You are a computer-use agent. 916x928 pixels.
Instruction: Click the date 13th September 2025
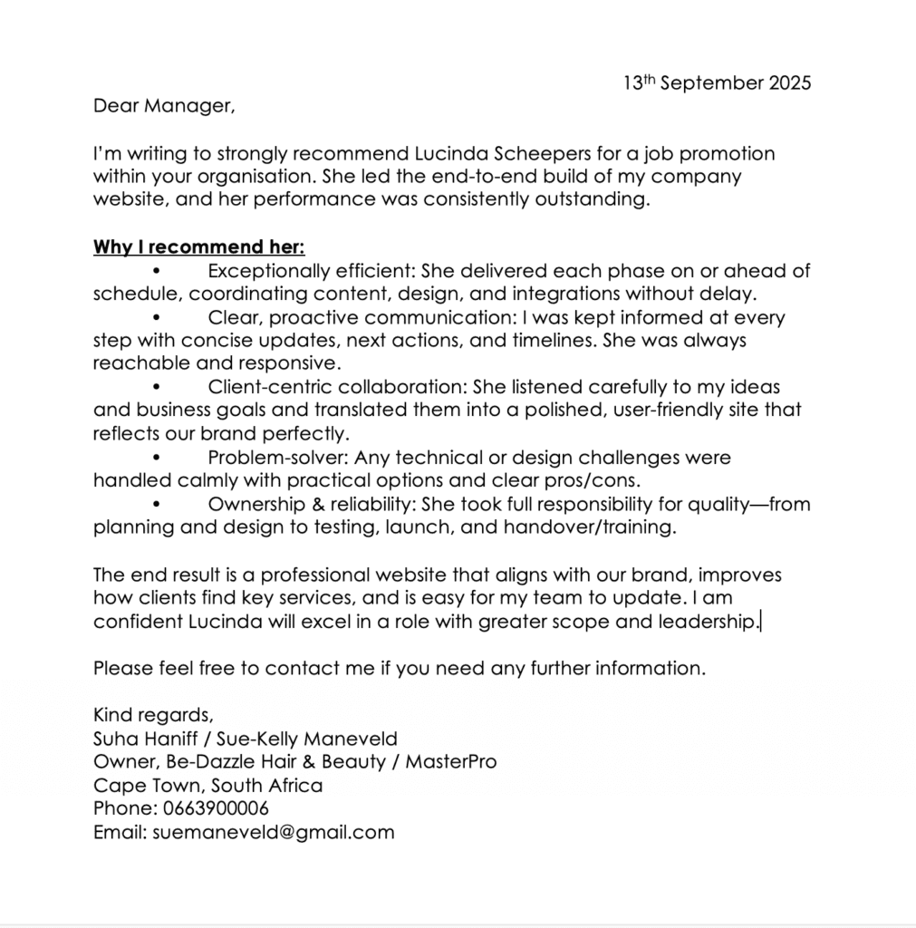tap(717, 83)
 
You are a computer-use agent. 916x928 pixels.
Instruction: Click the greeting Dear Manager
tap(163, 106)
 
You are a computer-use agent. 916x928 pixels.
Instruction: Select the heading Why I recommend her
tap(198, 247)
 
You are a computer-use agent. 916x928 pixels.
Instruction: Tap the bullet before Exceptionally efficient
tap(157, 271)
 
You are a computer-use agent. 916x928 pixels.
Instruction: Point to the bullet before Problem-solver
tap(157, 458)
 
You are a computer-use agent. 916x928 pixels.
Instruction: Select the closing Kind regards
tap(152, 715)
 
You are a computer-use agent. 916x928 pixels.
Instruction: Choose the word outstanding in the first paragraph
tap(590, 200)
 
